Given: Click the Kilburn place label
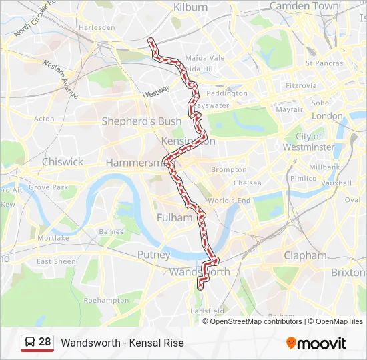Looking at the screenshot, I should [x=191, y=7].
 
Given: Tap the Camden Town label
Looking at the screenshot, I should [x=304, y=6].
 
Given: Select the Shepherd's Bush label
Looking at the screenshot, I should [x=131, y=121].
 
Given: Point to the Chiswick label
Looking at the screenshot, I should [x=63, y=162].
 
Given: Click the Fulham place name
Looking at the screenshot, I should [x=174, y=217].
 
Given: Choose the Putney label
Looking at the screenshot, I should [x=154, y=255].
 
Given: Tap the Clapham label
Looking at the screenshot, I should [x=305, y=255].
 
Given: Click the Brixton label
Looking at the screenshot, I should [x=348, y=273].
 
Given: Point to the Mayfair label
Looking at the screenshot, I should [x=289, y=109].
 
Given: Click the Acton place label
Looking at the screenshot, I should [x=44, y=119].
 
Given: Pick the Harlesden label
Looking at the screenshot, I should [x=97, y=27].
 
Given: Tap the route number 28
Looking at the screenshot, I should [x=45, y=342].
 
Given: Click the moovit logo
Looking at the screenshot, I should [x=316, y=343].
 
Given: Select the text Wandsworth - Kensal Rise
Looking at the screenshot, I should [x=122, y=343].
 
